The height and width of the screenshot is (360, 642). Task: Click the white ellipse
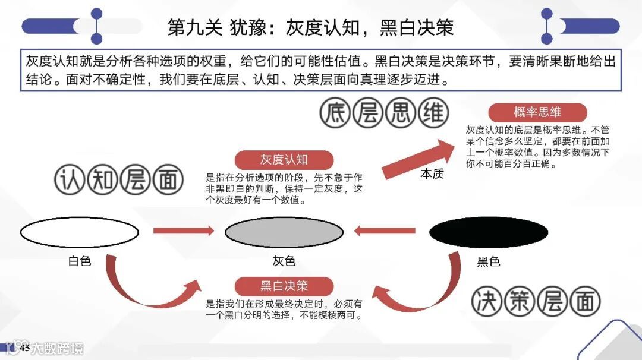coord(79,232)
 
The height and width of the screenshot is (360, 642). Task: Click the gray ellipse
coord(284,232)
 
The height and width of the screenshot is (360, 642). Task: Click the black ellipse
coord(488,232)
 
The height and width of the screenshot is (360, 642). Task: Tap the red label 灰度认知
coord(284,160)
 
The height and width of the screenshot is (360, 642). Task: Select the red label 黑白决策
coord(284,286)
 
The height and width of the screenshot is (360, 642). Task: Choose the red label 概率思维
coord(537,112)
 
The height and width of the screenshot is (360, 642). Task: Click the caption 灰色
coord(284,261)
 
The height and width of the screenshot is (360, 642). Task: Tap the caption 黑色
coord(488,261)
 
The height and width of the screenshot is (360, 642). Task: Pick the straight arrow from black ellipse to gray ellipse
coord(385,230)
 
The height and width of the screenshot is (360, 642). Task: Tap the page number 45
coord(25,348)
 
